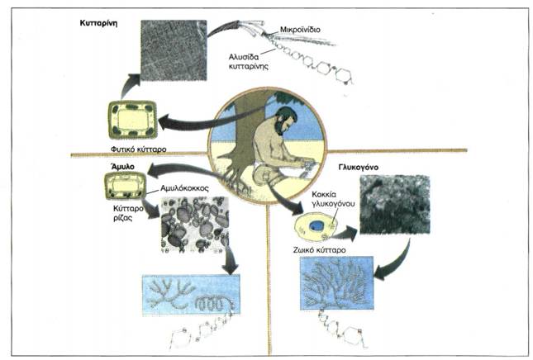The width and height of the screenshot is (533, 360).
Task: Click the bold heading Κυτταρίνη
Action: (x=98, y=23)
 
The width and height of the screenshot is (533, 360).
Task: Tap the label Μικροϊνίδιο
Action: (x=300, y=30)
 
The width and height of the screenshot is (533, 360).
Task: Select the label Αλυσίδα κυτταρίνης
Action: (x=249, y=61)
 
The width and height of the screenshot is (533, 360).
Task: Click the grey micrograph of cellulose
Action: (x=174, y=50)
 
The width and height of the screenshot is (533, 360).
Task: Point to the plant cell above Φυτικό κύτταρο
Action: (x=133, y=120)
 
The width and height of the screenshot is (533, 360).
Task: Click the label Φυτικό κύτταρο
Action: (x=138, y=149)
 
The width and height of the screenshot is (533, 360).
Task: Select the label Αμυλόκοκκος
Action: (x=184, y=188)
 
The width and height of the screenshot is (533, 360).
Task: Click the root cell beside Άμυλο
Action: (x=125, y=186)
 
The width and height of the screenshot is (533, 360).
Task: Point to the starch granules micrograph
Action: (x=195, y=225)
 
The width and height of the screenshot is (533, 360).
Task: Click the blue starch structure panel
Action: (x=191, y=295)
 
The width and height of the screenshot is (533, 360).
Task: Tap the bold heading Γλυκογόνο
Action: (x=359, y=168)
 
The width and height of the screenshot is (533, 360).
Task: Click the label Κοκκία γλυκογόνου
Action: (x=333, y=199)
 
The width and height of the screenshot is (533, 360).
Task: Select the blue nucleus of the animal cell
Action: (x=316, y=225)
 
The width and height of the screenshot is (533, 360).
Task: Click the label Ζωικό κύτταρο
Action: (x=319, y=250)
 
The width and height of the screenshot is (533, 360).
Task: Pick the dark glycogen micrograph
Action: (x=395, y=205)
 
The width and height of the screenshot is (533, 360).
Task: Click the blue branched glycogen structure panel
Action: (x=336, y=283)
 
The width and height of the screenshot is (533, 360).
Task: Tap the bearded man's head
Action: (x=285, y=121)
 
